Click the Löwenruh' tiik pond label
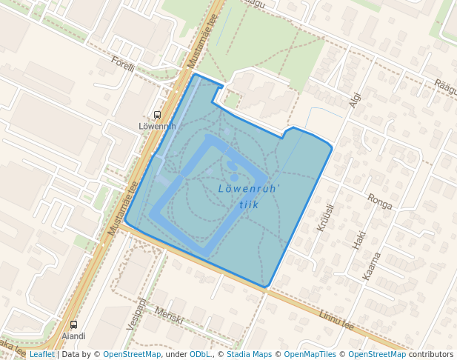(x=249, y=196)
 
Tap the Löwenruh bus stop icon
(x=157, y=115)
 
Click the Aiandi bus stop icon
(x=73, y=324)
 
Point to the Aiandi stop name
(x=73, y=336)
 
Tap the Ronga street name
(x=379, y=201)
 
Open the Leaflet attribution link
(x=41, y=355)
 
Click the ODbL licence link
(x=200, y=355)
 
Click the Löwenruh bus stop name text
(x=157, y=126)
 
